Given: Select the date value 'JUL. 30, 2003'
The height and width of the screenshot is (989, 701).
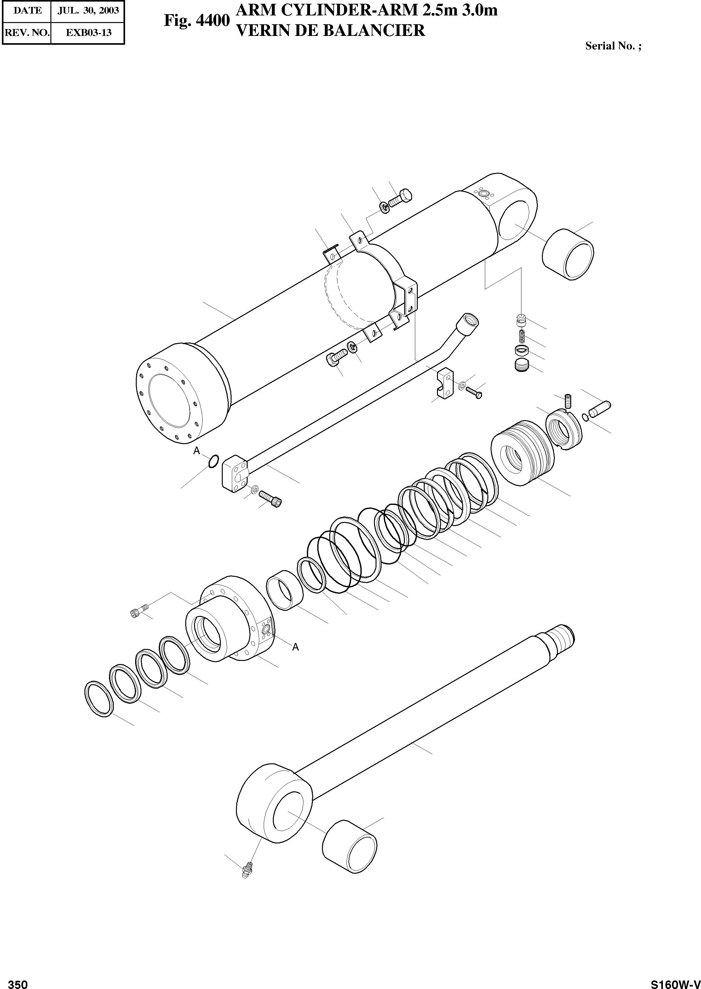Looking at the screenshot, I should pyautogui.click(x=88, y=10).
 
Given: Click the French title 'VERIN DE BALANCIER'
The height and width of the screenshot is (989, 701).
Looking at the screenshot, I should pyautogui.click(x=330, y=31).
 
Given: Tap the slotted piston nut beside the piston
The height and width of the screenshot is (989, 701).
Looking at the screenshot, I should pyautogui.click(x=565, y=431).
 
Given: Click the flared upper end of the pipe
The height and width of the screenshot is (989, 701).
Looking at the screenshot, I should pyautogui.click(x=470, y=321).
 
